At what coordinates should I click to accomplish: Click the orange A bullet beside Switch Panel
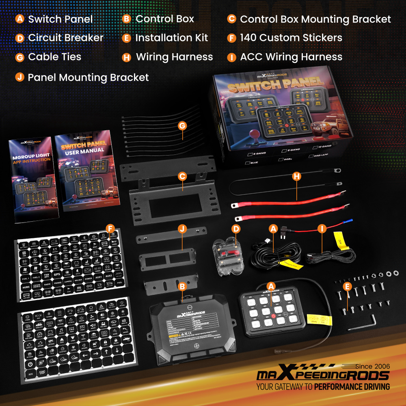[19, 19]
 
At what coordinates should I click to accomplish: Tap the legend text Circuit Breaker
[65, 38]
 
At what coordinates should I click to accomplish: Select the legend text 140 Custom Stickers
[291, 38]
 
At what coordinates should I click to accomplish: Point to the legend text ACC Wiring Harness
[291, 57]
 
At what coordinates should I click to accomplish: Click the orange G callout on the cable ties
[182, 126]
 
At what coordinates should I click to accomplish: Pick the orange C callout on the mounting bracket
[182, 176]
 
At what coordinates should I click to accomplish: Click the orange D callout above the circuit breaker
[236, 229]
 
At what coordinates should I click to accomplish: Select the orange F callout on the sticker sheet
[110, 229]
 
